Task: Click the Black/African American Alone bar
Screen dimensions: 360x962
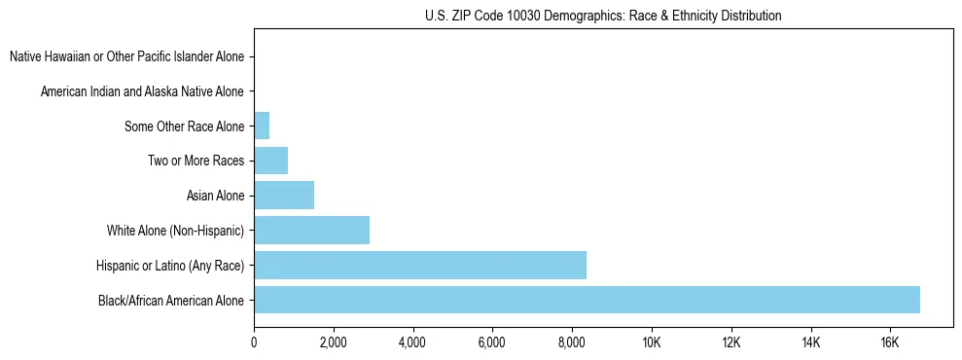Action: pyautogui.click(x=587, y=300)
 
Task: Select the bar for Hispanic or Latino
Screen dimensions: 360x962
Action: pyautogui.click(x=420, y=265)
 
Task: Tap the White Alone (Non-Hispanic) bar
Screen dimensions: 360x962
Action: pyautogui.click(x=311, y=230)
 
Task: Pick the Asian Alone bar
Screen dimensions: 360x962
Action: pyautogui.click(x=284, y=196)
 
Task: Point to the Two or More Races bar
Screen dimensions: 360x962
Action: pyautogui.click(x=270, y=161)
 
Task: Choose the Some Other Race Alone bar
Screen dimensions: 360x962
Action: pyautogui.click(x=262, y=126)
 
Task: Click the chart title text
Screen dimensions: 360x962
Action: pyautogui.click(x=603, y=16)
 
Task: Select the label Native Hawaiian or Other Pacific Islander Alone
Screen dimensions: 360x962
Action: pyautogui.click(x=126, y=57)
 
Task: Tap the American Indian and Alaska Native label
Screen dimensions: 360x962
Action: pyautogui.click(x=142, y=92)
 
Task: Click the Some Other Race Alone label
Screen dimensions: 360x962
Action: pyautogui.click(x=184, y=126)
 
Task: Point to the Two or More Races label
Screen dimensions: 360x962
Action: pyautogui.click(x=196, y=162)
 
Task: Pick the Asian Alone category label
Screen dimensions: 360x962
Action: pyautogui.click(x=215, y=197)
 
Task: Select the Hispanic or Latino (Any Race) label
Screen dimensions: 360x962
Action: pyautogui.click(x=170, y=266)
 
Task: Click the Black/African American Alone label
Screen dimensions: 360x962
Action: pyautogui.click(x=171, y=301)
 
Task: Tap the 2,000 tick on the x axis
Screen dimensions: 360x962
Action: pyautogui.click(x=334, y=342)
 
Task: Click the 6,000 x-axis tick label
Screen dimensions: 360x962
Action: pyautogui.click(x=492, y=342)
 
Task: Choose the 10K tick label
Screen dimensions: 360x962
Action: pyautogui.click(x=652, y=342)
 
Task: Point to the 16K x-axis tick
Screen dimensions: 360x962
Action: pyautogui.click(x=890, y=342)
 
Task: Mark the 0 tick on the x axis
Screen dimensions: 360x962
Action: pyautogui.click(x=254, y=342)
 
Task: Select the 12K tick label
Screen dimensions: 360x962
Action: pyautogui.click(x=731, y=342)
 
